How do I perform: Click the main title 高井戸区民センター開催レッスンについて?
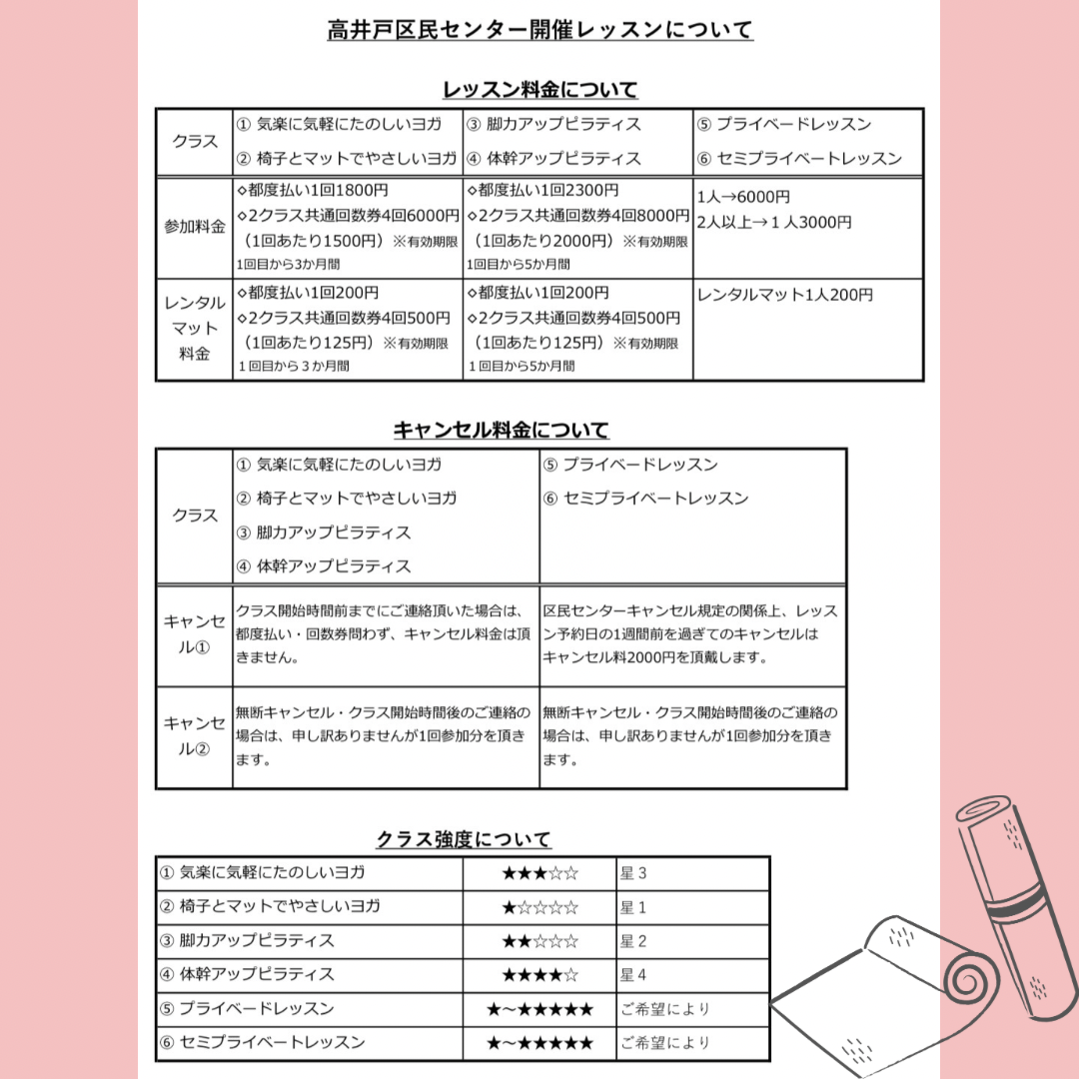539,30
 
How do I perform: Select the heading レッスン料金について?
539,90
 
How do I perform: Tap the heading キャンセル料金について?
501,431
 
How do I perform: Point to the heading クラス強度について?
464,839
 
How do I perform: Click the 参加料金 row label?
195,227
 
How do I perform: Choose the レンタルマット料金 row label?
195,329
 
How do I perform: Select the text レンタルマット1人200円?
785,295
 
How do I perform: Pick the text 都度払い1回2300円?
542,190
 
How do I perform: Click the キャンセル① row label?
195,633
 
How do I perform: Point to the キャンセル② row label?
195,736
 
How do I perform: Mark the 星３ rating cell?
633,873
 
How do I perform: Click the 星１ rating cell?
633,907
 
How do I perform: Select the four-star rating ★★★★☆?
539,974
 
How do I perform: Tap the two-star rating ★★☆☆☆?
539,941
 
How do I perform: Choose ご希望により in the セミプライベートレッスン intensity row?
664,1042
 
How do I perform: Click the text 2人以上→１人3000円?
774,223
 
